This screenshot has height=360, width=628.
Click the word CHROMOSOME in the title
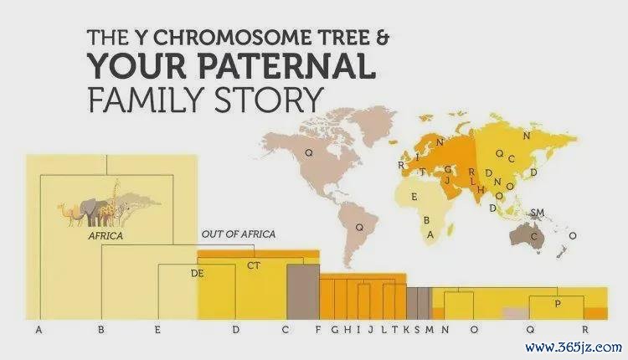tap(232, 38)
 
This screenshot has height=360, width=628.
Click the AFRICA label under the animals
tap(106, 236)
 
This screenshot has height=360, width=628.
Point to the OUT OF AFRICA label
tap(239, 234)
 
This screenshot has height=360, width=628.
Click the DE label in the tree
tap(197, 274)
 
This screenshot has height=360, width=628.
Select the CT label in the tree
tap(254, 265)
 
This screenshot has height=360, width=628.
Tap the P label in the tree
tap(558, 304)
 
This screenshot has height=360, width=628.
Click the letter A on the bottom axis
tap(39, 330)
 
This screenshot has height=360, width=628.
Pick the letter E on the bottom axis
tap(157, 330)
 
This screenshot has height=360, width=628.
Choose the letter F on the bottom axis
tap(318, 330)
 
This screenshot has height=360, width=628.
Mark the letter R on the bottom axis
tap(585, 330)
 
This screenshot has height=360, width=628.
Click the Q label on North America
tap(308, 152)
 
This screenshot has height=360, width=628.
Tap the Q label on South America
tap(360, 228)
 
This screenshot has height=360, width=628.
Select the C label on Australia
tap(533, 237)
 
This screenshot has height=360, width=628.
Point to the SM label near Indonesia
tap(538, 213)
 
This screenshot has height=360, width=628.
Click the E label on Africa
tap(414, 197)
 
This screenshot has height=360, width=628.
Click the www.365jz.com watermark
tap(574, 347)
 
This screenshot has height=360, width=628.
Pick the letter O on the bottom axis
tap(474, 330)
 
